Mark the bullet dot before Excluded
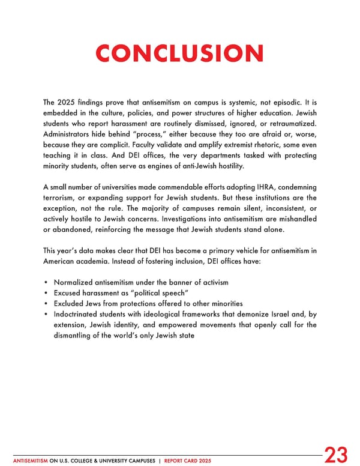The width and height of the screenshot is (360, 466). pos(46,303)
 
